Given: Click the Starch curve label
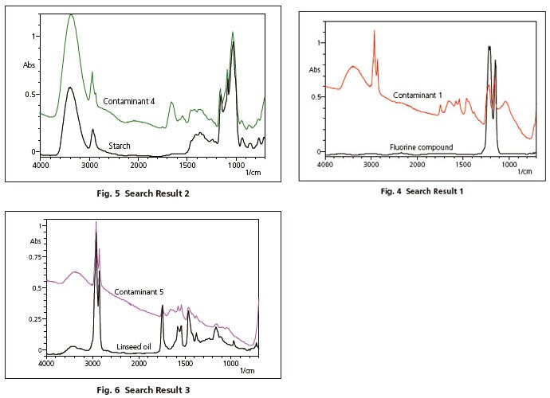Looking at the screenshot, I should (119, 146).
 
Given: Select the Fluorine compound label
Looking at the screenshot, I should (421, 147).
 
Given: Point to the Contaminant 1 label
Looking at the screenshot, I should (417, 96).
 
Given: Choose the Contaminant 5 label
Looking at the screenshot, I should (139, 292).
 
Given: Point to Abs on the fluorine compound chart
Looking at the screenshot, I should (314, 70).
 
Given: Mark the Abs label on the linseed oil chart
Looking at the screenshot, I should (34, 241).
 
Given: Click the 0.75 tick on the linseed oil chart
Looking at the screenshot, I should (32, 257).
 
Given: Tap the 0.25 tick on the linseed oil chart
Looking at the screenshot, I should (32, 319).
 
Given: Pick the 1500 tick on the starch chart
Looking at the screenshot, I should (187, 166).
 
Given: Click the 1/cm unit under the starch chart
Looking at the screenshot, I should (253, 173).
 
